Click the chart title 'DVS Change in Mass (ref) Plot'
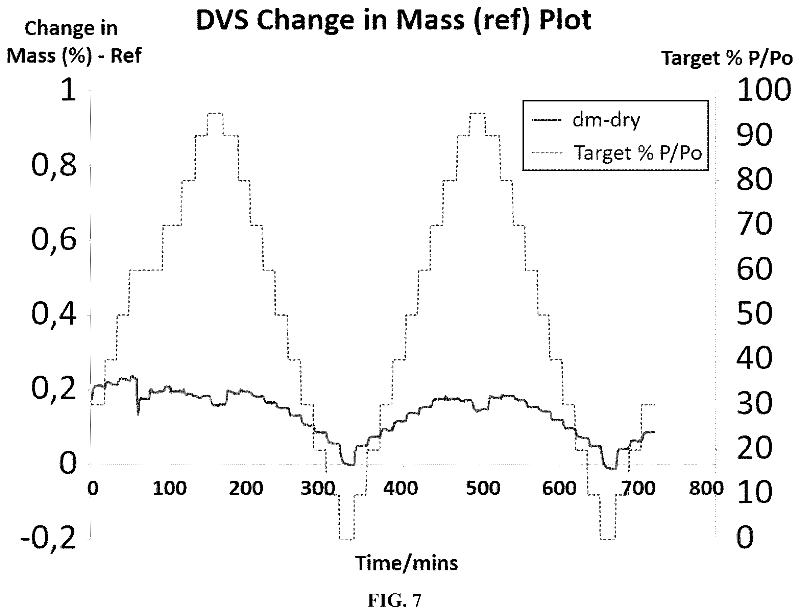pyautogui.click(x=393, y=21)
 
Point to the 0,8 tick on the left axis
pyautogui.click(x=54, y=166)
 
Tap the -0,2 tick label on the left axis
pyautogui.click(x=48, y=539)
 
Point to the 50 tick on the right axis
pyautogui.click(x=754, y=315)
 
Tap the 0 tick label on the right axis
pyautogui.click(x=745, y=538)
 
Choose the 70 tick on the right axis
pyautogui.click(x=754, y=225)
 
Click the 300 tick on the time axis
pyautogui.click(x=317, y=489)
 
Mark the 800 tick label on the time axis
pyautogui.click(x=706, y=489)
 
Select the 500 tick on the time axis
pyautogui.click(x=483, y=489)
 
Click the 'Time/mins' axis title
pyautogui.click(x=406, y=563)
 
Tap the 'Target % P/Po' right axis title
pyautogui.click(x=727, y=58)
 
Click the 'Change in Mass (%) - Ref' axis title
pyautogui.click(x=74, y=42)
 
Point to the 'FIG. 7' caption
pyautogui.click(x=394, y=600)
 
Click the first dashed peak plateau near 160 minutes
pyautogui.click(x=215, y=113)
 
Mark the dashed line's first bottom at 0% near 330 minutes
pyautogui.click(x=347, y=539)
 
